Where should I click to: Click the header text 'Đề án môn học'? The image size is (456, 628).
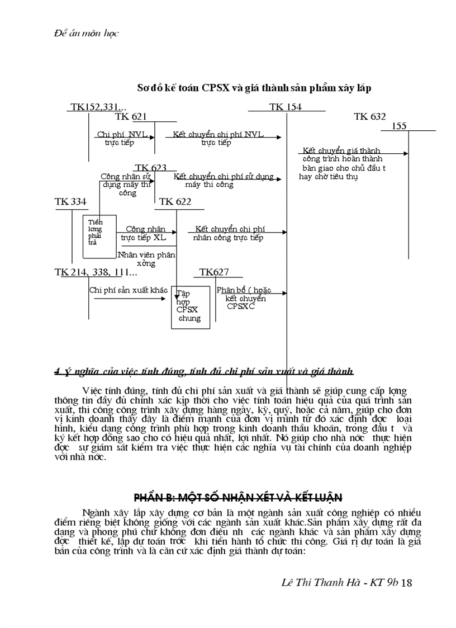click(x=79, y=33)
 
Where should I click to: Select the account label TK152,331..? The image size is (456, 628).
click(x=98, y=107)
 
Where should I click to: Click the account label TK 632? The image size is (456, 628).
click(x=369, y=116)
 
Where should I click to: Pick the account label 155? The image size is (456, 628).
click(x=399, y=126)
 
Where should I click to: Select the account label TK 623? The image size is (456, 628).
click(x=150, y=167)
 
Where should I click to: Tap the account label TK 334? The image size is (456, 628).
click(x=70, y=201)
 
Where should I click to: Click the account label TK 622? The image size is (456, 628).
click(x=175, y=201)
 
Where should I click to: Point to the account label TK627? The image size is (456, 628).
click(x=214, y=272)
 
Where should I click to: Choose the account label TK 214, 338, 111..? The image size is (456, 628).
click(x=96, y=272)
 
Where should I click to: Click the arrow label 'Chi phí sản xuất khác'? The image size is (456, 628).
click(x=128, y=290)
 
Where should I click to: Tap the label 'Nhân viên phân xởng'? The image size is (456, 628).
click(x=146, y=258)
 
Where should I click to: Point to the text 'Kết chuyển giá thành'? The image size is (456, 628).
click(x=341, y=150)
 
